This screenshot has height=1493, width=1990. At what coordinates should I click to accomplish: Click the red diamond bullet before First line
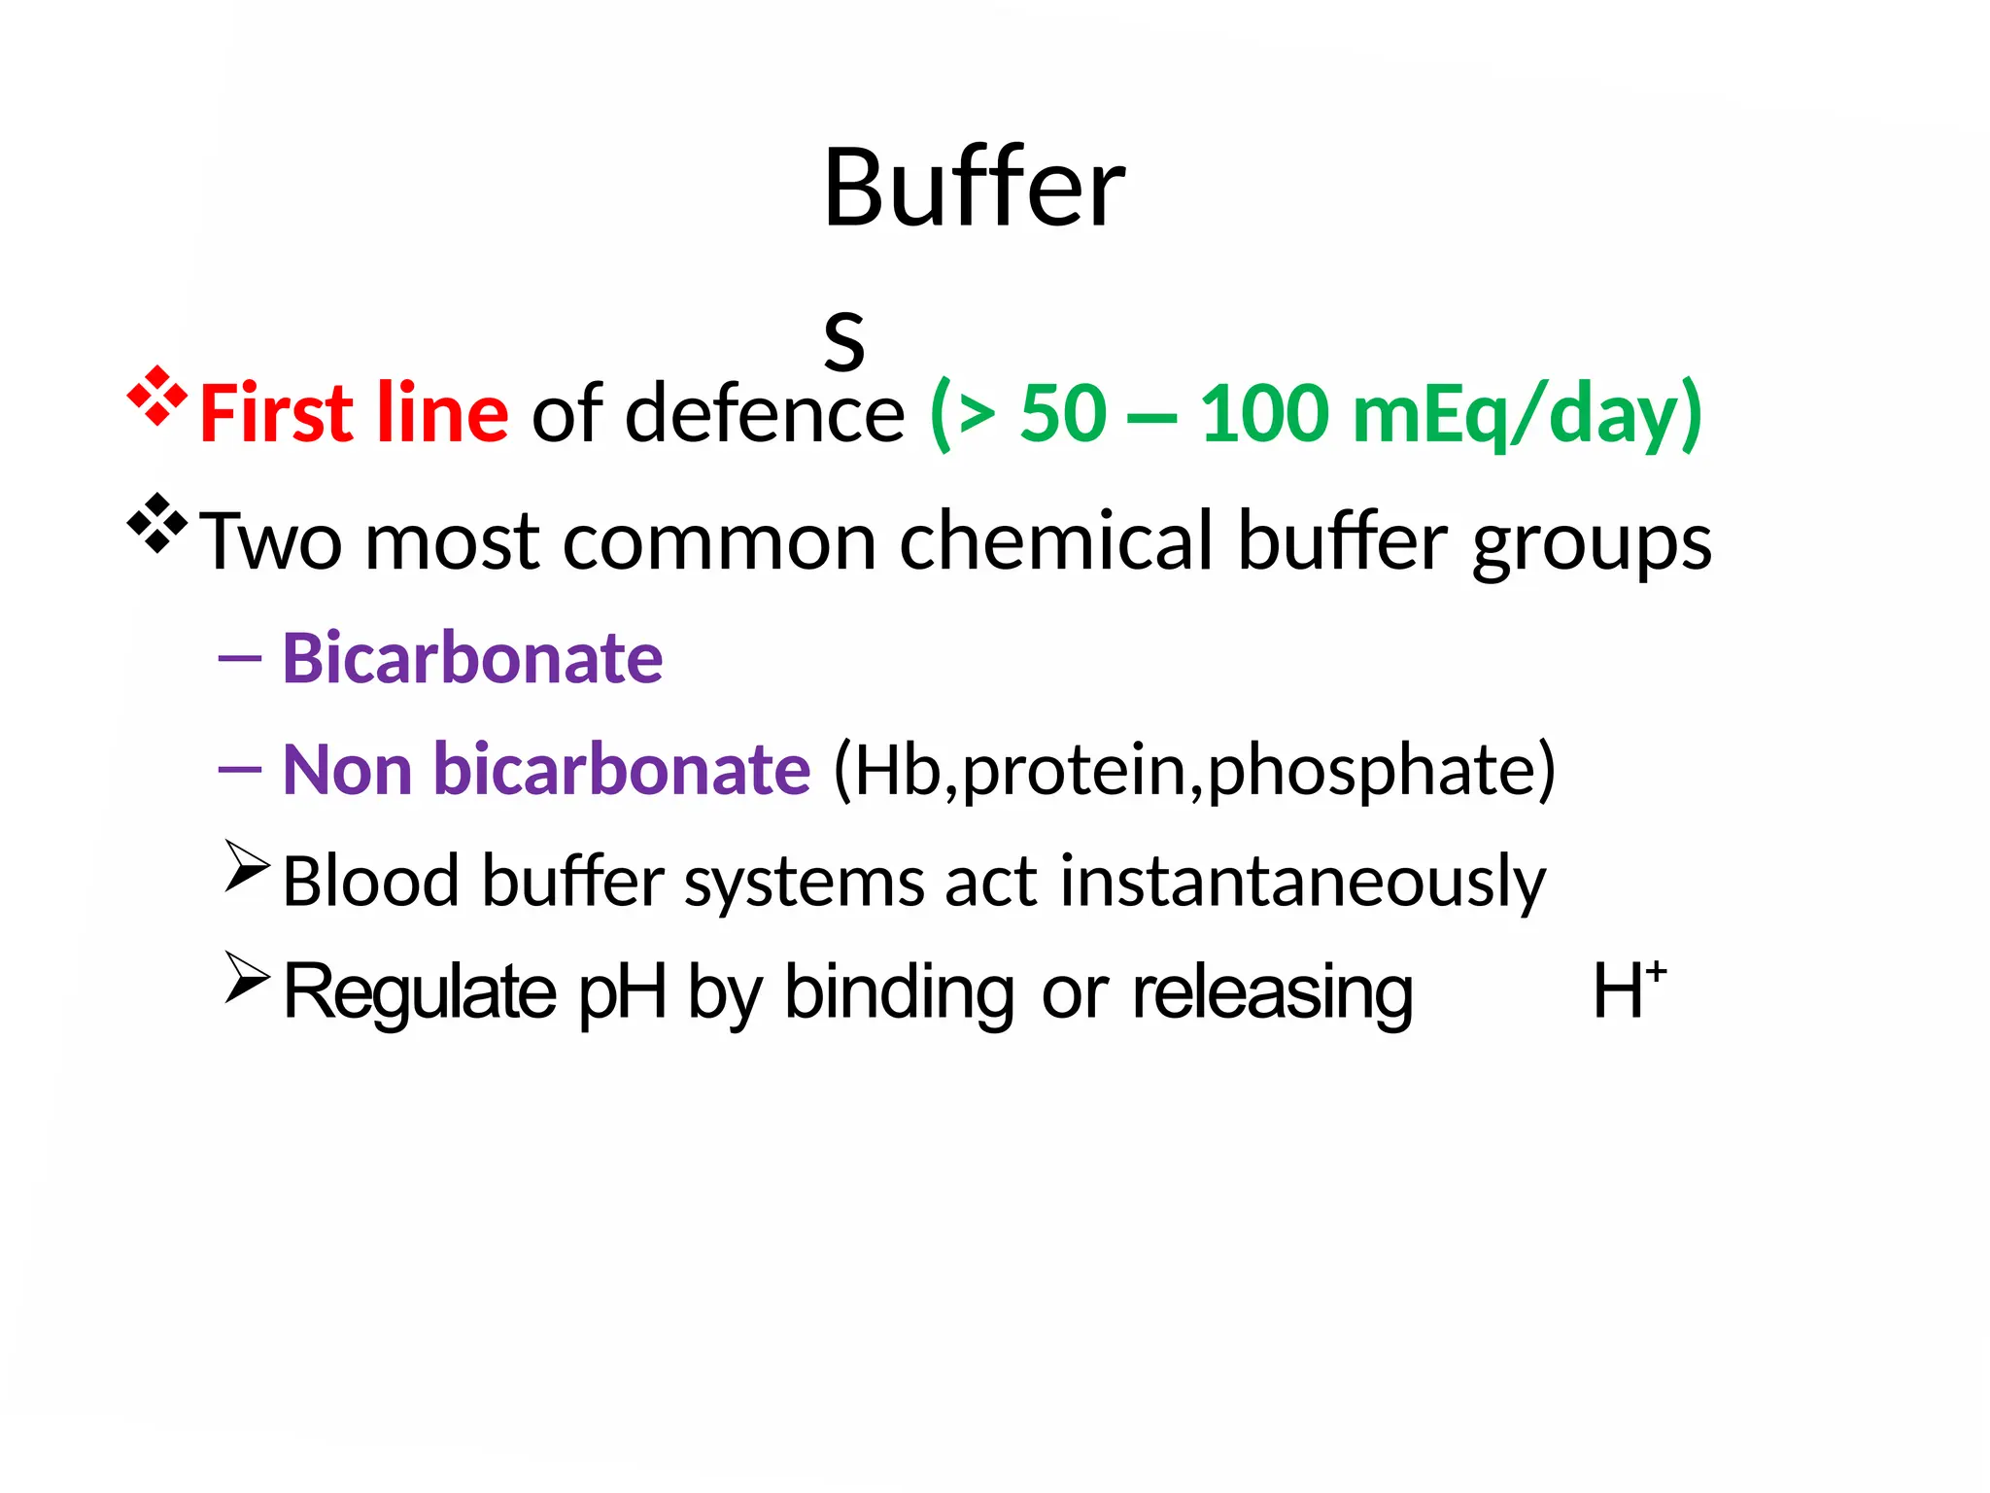(x=156, y=397)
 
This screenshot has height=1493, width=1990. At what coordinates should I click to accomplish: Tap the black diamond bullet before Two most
(x=156, y=524)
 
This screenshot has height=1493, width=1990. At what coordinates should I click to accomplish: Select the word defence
(x=765, y=413)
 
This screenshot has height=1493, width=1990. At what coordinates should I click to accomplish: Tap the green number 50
(x=1063, y=413)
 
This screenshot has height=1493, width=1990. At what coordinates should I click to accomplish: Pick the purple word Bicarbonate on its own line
(x=472, y=658)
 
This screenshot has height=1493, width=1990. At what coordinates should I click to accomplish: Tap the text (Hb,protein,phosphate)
(x=1194, y=771)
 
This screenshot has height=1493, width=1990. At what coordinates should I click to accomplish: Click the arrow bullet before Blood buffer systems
(x=247, y=865)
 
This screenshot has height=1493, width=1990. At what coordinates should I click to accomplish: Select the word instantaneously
(x=1302, y=883)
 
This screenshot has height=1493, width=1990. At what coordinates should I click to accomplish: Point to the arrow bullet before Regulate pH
(x=247, y=977)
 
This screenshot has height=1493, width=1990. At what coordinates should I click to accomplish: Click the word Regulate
(x=420, y=992)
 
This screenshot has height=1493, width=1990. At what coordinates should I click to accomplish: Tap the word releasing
(x=1272, y=992)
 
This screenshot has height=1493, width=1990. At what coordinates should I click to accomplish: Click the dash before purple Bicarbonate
(x=240, y=658)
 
